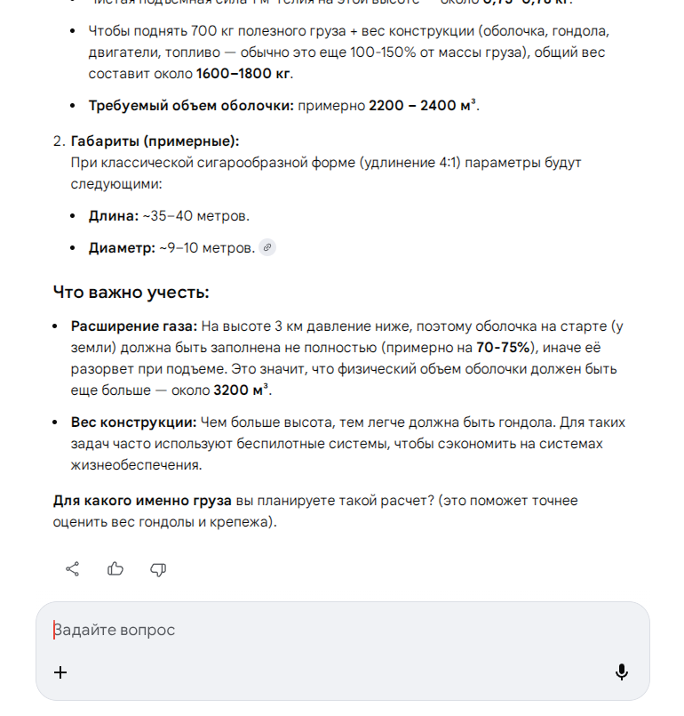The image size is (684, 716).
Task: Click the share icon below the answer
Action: pyautogui.click(x=73, y=569)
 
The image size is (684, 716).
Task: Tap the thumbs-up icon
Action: pyautogui.click(x=115, y=569)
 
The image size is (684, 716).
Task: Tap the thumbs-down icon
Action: pyautogui.click(x=158, y=569)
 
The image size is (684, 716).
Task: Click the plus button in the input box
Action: pyautogui.click(x=60, y=672)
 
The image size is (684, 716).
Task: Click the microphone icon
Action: pyautogui.click(x=622, y=672)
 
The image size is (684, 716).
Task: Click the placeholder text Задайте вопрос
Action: pyautogui.click(x=115, y=630)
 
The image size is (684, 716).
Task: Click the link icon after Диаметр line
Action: pyautogui.click(x=267, y=248)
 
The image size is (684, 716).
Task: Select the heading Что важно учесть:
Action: pyautogui.click(x=131, y=293)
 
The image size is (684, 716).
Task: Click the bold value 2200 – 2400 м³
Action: pyautogui.click(x=423, y=106)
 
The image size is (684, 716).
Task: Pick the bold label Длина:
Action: pyautogui.click(x=114, y=216)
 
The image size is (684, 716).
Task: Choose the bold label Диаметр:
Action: pyautogui.click(x=122, y=248)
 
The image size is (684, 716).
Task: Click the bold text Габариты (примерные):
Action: pyautogui.click(x=155, y=141)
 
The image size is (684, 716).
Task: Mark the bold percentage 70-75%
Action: pyautogui.click(x=504, y=347)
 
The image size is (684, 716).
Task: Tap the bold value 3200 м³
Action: pyautogui.click(x=242, y=390)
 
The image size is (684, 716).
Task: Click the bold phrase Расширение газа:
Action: pyautogui.click(x=134, y=326)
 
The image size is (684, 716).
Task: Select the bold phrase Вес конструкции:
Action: pyautogui.click(x=133, y=422)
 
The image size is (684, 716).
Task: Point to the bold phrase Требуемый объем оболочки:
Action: pyautogui.click(x=191, y=106)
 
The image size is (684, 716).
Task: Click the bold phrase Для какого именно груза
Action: pyautogui.click(x=142, y=501)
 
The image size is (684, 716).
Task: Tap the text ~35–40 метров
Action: pyautogui.click(x=196, y=216)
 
